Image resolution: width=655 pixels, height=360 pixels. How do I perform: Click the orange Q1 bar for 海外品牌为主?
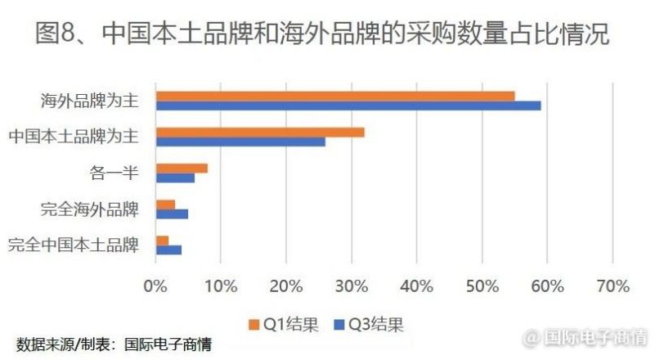coord(335,96)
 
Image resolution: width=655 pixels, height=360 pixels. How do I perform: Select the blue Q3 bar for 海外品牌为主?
coord(348,106)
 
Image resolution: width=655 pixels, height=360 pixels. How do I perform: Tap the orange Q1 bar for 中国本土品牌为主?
coord(260,132)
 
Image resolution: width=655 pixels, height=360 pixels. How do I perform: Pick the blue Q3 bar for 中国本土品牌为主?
coord(240,142)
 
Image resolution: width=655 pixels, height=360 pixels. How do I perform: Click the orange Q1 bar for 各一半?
coord(182,168)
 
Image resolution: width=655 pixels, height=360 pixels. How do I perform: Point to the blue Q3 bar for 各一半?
coord(175,178)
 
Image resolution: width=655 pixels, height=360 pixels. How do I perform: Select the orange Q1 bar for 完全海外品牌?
coord(165,204)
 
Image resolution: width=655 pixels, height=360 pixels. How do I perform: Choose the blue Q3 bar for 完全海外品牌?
coord(172,214)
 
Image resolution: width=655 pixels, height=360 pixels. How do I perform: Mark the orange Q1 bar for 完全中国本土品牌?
coord(162,240)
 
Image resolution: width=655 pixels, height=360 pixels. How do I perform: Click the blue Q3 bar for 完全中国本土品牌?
coord(168,250)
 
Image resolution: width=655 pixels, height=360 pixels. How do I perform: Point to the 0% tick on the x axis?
coord(155,286)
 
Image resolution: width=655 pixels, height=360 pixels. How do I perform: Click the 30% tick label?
coord(352,286)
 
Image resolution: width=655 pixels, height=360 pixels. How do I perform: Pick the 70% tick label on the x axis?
coord(613,286)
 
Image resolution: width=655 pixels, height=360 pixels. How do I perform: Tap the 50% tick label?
coord(482,286)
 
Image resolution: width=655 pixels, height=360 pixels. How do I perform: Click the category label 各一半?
coord(114,173)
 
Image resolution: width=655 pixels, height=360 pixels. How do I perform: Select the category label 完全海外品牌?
coord(90,209)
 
